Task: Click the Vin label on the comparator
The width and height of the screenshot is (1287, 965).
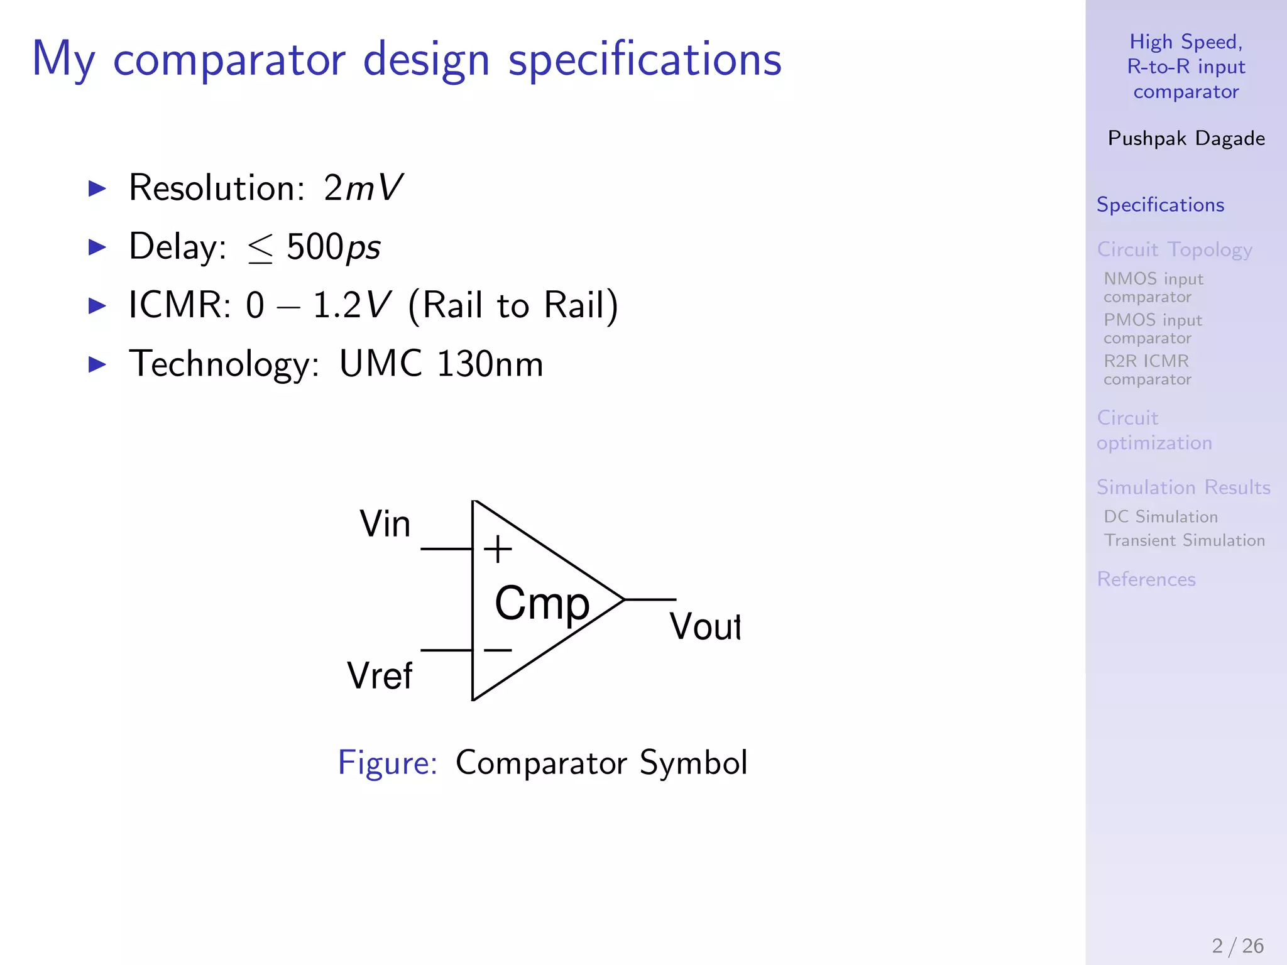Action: (x=385, y=524)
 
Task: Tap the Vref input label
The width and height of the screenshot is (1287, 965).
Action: (x=380, y=676)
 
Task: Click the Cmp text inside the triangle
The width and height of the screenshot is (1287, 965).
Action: (x=542, y=603)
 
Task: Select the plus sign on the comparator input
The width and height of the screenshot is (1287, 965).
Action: (x=498, y=549)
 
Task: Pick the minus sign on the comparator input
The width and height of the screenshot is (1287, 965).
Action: (x=498, y=650)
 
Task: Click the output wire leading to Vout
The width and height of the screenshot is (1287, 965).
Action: (x=650, y=600)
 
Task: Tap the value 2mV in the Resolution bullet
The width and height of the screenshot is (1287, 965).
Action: (x=363, y=187)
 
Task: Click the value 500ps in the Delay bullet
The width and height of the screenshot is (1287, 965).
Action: (x=333, y=247)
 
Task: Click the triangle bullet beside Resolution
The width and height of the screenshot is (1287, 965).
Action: (x=97, y=188)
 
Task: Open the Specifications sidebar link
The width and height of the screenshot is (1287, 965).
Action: (x=1160, y=205)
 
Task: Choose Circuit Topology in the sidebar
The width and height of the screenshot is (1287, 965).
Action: (x=1174, y=249)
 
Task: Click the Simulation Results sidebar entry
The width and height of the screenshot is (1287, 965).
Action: (x=1183, y=488)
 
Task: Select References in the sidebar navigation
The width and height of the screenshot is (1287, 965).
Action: (x=1146, y=579)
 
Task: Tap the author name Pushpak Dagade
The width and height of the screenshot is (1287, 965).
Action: (x=1186, y=138)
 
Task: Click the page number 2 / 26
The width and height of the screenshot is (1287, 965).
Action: (x=1237, y=946)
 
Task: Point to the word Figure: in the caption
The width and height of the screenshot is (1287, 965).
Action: (x=387, y=763)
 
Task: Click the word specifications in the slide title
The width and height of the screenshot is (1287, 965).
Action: (x=645, y=60)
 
